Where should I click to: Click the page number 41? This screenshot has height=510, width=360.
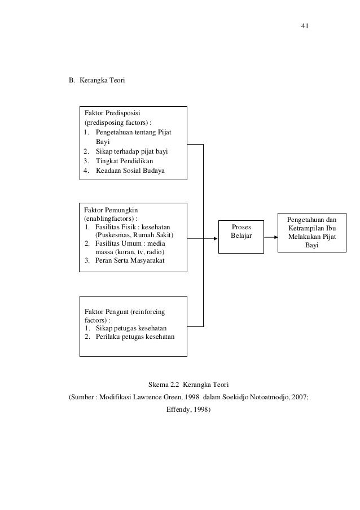click(x=305, y=26)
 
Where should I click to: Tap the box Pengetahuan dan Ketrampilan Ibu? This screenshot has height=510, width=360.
click(x=311, y=232)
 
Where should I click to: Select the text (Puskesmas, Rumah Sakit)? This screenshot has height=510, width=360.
click(x=134, y=235)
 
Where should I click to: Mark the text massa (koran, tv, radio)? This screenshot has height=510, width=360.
click(x=130, y=252)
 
